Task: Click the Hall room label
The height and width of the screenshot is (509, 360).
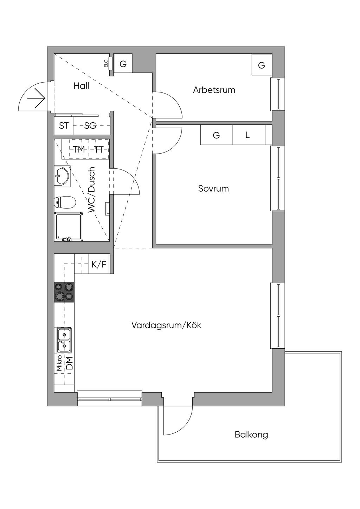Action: coord(81,86)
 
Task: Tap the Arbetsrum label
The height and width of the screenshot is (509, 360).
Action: coord(214,90)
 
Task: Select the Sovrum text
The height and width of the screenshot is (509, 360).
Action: coord(213,188)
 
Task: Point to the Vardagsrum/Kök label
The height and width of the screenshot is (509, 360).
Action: coord(166,325)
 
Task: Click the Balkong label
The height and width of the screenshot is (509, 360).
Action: coord(251,435)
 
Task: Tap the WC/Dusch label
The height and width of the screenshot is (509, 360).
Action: coord(92,190)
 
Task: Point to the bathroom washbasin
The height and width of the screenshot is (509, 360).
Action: coord(62,175)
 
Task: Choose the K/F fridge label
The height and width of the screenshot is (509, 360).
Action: coord(99,264)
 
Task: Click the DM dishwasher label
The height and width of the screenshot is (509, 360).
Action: coord(69,363)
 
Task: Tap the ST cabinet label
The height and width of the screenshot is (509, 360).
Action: coord(64,126)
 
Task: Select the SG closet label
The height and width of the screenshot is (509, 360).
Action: coord(90,126)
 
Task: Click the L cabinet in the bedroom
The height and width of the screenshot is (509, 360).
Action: coord(247,135)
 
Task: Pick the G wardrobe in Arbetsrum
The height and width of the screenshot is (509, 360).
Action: coord(261,65)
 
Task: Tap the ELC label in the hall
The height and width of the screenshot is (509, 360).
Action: coord(105,64)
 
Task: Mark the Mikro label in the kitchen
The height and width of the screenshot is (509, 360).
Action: coord(59,363)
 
